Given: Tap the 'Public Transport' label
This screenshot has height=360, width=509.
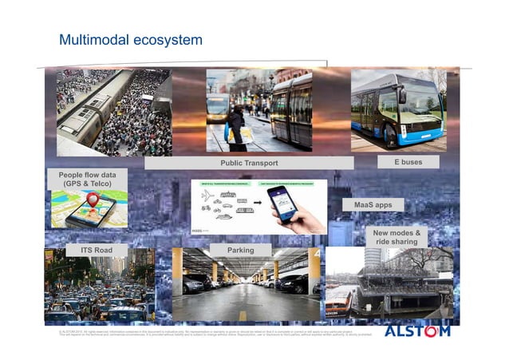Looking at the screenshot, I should pos(249,163).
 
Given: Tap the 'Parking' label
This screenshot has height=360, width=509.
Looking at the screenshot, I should pos(240,251).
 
